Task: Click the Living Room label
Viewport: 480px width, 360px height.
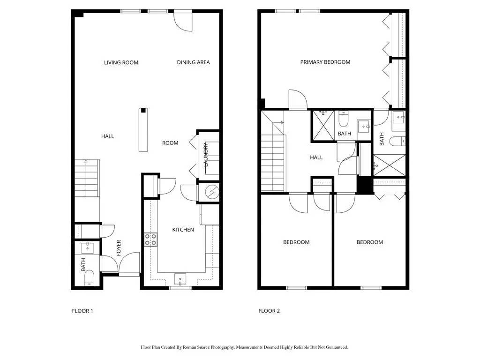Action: point(121,62)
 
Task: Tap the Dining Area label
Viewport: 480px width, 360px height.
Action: point(194,62)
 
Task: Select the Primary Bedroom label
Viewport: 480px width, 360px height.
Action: point(325,62)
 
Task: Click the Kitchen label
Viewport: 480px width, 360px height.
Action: point(183,230)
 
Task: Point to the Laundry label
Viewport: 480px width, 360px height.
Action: point(206,154)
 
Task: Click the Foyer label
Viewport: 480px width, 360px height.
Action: point(119,248)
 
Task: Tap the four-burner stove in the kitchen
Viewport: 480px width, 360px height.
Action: point(150,240)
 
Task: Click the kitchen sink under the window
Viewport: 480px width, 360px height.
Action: point(180,279)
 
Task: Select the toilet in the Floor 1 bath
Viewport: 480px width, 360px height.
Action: point(90,277)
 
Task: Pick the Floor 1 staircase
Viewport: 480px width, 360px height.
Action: point(87,178)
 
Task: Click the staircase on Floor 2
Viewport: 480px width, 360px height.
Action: point(273,151)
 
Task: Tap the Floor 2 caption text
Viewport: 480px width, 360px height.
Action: point(269,311)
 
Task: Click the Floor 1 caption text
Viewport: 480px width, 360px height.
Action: point(82,311)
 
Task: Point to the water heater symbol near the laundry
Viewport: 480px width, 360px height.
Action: point(211,192)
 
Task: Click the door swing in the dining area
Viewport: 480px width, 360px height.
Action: point(183,22)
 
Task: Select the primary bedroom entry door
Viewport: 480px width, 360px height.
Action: point(298,99)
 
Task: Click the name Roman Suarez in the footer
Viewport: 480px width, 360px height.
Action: point(196,347)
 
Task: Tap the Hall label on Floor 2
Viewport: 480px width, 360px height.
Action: point(316,157)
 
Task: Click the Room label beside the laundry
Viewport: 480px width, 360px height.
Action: point(170,143)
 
